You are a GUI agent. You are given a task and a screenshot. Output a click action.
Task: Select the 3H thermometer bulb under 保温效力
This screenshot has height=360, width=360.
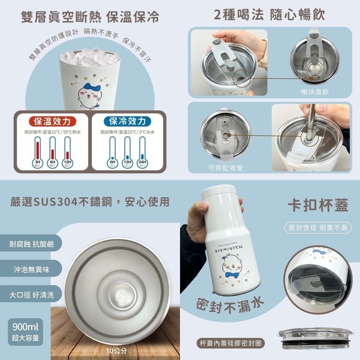(x=37, y=163)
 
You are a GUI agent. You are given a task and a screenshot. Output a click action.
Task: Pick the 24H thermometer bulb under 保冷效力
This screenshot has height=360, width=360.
(x=143, y=163)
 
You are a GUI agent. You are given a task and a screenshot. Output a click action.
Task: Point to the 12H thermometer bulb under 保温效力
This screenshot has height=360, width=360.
(x=67, y=163)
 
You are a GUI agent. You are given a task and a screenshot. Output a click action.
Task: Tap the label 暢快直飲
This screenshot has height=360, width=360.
(x=315, y=93)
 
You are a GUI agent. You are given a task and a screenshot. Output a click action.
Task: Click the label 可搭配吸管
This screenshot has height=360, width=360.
(x=225, y=168)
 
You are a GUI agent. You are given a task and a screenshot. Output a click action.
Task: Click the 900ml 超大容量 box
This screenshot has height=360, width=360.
(x=25, y=332)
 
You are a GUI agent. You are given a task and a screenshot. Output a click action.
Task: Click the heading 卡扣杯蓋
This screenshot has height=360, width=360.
(x=318, y=205)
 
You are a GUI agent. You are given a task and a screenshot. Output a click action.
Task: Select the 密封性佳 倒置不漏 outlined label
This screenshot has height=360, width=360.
(x=318, y=228)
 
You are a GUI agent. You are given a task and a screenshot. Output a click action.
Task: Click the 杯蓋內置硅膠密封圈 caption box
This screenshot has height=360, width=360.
(x=233, y=343)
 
